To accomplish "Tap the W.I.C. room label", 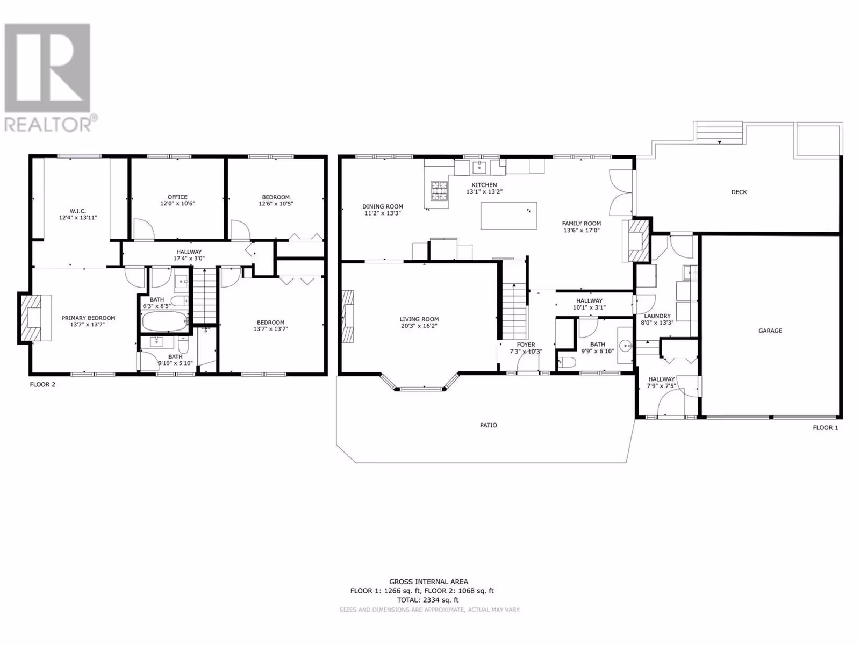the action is coord(77,211).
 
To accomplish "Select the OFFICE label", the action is coord(177,197).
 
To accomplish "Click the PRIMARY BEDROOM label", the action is coord(89,318).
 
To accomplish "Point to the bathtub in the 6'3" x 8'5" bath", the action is coord(164,321).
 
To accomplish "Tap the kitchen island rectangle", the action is coord(508,216).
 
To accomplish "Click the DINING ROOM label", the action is coord(382,206).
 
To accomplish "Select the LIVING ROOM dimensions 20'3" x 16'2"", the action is coord(419,326).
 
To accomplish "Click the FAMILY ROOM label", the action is coord(582,223).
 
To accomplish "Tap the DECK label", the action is coord(739,192).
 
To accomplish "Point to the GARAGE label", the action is coord(770,331).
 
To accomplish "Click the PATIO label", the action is coord(489,425).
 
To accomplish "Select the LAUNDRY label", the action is coord(657,316).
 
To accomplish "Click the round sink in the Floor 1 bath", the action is coord(626,346).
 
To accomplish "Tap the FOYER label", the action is coord(526,345).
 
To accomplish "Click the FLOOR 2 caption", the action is coord(42,384).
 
